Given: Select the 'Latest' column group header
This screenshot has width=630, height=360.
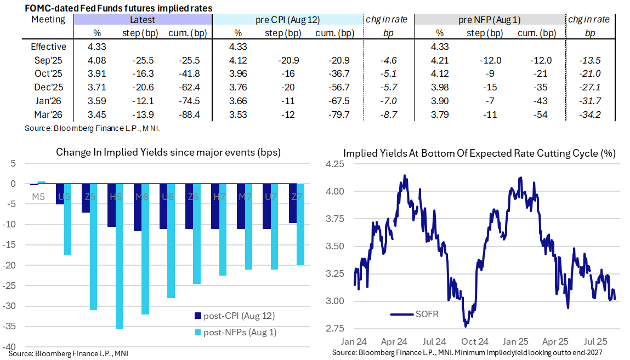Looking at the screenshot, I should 142,20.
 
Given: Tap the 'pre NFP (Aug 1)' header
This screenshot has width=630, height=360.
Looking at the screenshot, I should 489,20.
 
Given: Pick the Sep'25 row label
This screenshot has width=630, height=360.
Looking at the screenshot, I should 49,60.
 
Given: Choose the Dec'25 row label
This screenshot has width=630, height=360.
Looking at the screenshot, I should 49,88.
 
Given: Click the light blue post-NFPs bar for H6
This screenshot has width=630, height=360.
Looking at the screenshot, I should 119,256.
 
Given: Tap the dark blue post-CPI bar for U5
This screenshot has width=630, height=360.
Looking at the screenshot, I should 60,194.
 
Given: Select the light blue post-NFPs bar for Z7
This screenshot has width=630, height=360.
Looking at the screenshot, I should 300,225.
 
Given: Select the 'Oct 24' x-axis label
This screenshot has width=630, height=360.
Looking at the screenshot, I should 471,340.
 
